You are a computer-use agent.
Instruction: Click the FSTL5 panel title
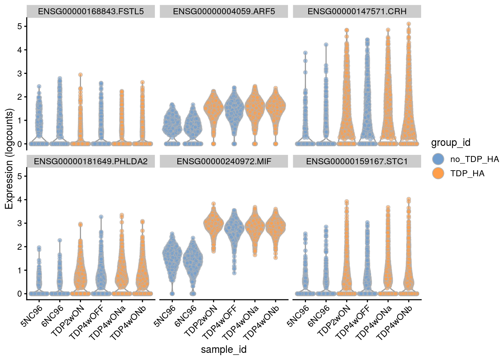[x=90, y=11]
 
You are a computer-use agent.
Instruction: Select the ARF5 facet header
[x=224, y=11]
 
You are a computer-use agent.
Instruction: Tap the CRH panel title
[x=357, y=11]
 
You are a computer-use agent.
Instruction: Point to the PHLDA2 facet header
[x=90, y=161]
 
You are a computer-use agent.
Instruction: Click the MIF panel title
[x=224, y=161]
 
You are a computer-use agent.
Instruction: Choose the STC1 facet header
[x=357, y=161]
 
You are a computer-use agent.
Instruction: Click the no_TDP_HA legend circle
[x=438, y=159]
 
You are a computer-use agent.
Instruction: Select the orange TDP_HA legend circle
[x=438, y=173]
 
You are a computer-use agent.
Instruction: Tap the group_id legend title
[x=450, y=142]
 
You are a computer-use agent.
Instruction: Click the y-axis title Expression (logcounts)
[x=9, y=159]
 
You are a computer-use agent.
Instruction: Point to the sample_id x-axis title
[x=224, y=349]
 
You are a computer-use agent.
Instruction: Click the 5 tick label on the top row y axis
[x=19, y=26]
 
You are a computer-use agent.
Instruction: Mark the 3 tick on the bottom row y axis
[x=19, y=223]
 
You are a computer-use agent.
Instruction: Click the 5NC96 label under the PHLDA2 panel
[x=32, y=316]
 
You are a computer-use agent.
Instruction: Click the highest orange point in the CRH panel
[x=408, y=24]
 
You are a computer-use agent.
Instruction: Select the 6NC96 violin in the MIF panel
[x=193, y=259]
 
